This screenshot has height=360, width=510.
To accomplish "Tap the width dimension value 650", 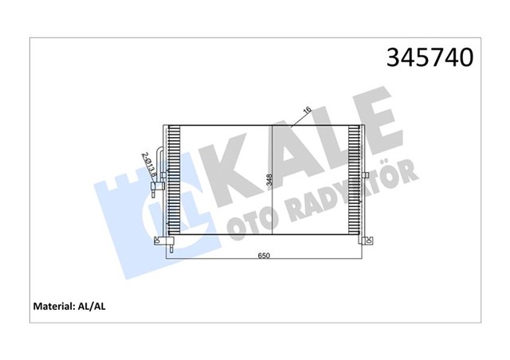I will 264,256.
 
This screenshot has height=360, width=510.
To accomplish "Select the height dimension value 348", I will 269,181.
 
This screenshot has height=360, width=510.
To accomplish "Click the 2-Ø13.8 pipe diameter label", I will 147,165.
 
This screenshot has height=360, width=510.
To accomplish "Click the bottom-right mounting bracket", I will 367,241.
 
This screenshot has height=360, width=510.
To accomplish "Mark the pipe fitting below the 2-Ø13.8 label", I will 155,190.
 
